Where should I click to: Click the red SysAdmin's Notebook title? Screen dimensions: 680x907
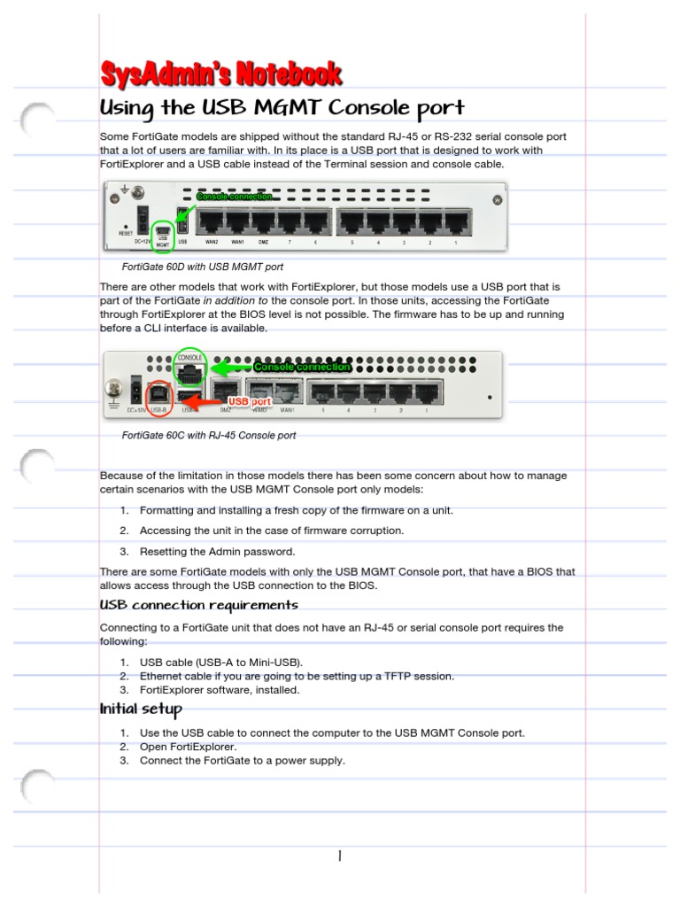(220, 74)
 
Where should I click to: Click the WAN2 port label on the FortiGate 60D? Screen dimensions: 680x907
(212, 241)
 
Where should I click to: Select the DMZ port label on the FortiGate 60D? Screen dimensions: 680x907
(264, 241)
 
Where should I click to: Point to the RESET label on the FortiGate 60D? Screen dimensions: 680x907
(126, 234)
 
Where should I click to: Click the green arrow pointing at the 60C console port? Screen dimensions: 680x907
(231, 367)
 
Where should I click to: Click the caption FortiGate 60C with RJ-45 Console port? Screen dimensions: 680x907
(209, 436)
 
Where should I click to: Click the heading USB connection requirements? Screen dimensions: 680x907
(198, 605)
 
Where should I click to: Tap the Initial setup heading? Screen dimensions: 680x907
(141, 709)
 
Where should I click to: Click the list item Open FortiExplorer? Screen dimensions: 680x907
(188, 747)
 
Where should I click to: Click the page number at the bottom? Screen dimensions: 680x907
(339, 856)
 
